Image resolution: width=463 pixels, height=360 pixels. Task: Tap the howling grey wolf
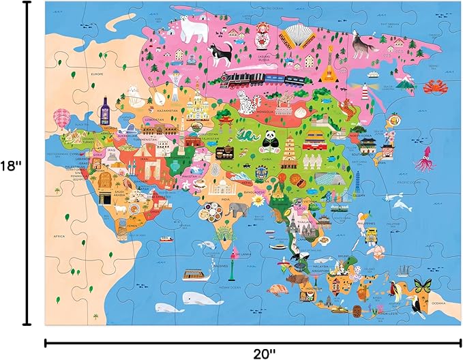[361, 42]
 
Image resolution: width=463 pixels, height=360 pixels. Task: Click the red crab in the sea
[434, 86]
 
